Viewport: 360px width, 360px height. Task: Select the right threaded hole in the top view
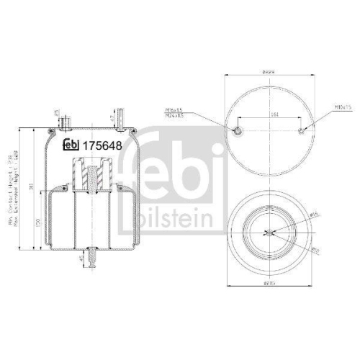[302, 130]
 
